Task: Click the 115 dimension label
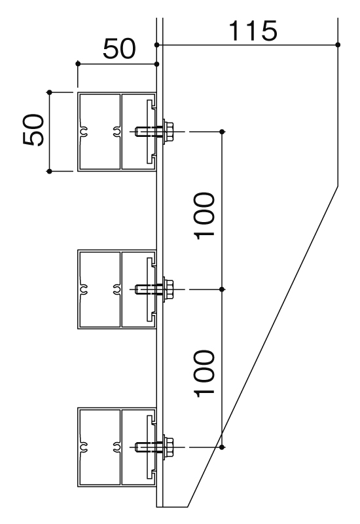tap(253, 31)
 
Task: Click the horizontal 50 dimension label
tap(119, 48)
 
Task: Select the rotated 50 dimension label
tap(33, 130)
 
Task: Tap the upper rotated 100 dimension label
tap(204, 216)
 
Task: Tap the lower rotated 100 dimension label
tap(204, 373)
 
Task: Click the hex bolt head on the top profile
tap(168, 132)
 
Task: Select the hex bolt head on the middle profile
tap(168, 290)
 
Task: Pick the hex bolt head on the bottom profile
tap(168, 447)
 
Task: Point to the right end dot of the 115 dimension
tap(338, 45)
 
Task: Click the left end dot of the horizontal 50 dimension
tap(78, 64)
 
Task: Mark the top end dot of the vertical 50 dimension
tap(50, 92)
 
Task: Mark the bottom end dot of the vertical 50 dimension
tap(50, 171)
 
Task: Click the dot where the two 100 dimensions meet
tap(222, 290)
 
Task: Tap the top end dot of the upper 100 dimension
tap(222, 132)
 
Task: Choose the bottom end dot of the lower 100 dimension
tap(222, 447)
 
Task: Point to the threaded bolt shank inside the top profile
tap(149, 132)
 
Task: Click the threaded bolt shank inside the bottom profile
tap(149, 447)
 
